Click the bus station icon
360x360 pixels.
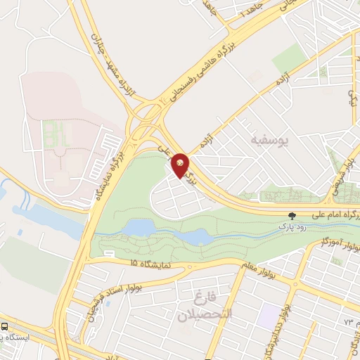coord(6,327)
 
